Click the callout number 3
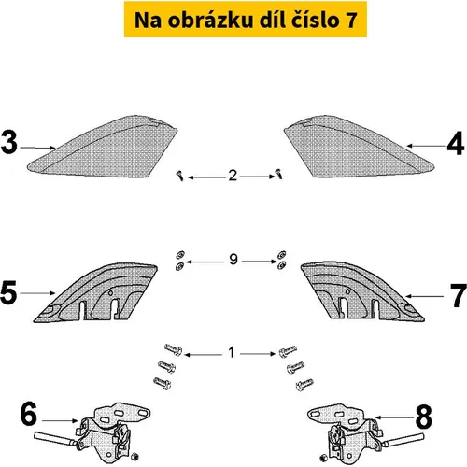9,142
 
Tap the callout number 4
456,143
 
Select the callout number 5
8,292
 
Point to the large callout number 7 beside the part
459,295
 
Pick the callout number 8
424,417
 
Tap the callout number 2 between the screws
233,176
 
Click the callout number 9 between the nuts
233,259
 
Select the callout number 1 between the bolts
231,352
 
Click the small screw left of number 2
180,176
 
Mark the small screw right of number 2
279,174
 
